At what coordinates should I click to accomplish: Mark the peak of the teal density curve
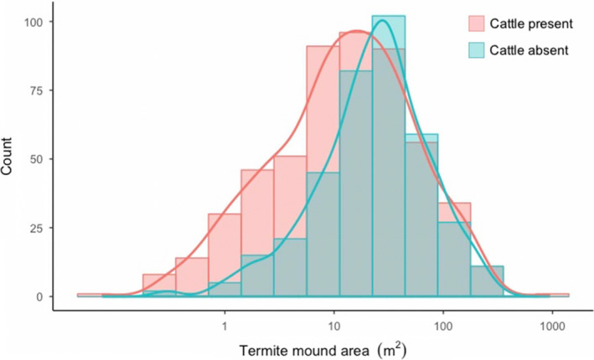click(x=382, y=20)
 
